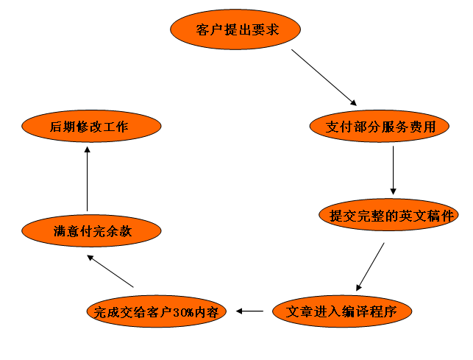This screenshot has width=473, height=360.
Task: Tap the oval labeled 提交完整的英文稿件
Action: [389, 215]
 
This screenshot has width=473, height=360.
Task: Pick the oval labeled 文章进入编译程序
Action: [341, 311]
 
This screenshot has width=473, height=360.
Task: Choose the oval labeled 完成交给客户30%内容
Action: [157, 311]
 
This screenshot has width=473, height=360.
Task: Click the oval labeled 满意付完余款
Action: [91, 230]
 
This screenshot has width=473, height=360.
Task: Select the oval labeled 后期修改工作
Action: [89, 127]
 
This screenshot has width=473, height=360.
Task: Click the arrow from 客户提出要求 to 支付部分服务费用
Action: [324, 77]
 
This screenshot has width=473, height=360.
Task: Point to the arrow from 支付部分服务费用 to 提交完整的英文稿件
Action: [394, 170]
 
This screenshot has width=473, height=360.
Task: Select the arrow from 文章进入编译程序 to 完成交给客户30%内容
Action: [250, 311]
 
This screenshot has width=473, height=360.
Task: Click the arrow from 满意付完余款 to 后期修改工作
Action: [88, 179]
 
